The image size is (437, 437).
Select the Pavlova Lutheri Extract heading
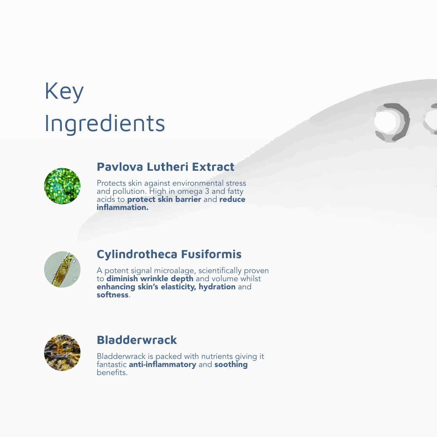click(x=165, y=167)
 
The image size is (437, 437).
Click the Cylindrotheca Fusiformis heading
click(x=169, y=254)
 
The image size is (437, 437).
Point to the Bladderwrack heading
click(x=137, y=340)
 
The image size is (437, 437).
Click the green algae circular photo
click(x=62, y=186)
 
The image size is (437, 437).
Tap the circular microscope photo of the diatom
click(x=62, y=269)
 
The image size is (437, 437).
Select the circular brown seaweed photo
click(x=62, y=353)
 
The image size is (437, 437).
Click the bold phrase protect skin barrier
click(x=164, y=199)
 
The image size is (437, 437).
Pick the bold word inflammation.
click(x=123, y=207)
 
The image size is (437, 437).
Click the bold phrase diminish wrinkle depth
click(x=150, y=279)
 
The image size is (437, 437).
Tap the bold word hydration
click(x=217, y=287)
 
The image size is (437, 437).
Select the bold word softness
click(x=112, y=295)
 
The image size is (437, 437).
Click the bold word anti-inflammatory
click(x=163, y=365)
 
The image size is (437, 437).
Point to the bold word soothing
click(x=231, y=365)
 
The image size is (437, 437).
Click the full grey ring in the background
click(x=392, y=122)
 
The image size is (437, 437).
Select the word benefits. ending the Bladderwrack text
click(x=112, y=373)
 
